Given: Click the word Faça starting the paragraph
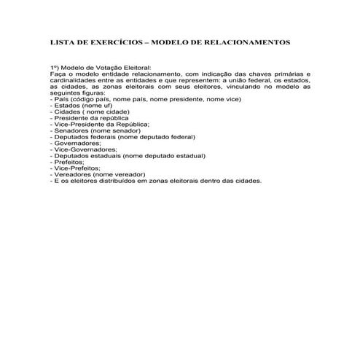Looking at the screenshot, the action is (58, 75).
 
